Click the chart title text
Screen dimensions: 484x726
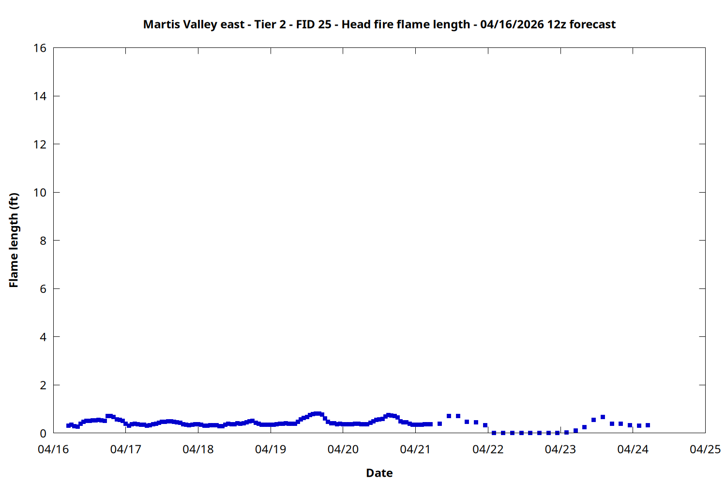pos(379,24)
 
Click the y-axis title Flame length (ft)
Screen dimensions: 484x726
pos(14,240)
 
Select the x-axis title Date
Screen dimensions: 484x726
pos(379,473)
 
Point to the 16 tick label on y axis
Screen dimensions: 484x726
pos(40,48)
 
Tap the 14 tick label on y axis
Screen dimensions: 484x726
pos(40,96)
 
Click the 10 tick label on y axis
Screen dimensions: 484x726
pos(40,193)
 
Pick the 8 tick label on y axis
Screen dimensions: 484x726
pos(43,241)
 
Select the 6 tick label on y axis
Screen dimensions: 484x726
pos(43,289)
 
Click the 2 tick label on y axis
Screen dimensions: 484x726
pos(43,385)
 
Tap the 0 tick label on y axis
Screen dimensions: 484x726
pos(43,433)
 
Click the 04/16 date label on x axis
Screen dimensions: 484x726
pos(53,449)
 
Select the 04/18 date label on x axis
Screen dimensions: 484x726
pos(198,449)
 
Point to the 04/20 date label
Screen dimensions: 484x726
pos(343,449)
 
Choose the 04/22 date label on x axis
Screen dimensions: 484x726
pos(488,449)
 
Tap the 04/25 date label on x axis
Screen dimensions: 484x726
pos(705,449)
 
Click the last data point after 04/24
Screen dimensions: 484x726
pos(648,425)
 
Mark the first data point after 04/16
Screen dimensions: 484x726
pos(68,425)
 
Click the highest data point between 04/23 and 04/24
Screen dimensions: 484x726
pos(603,417)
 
